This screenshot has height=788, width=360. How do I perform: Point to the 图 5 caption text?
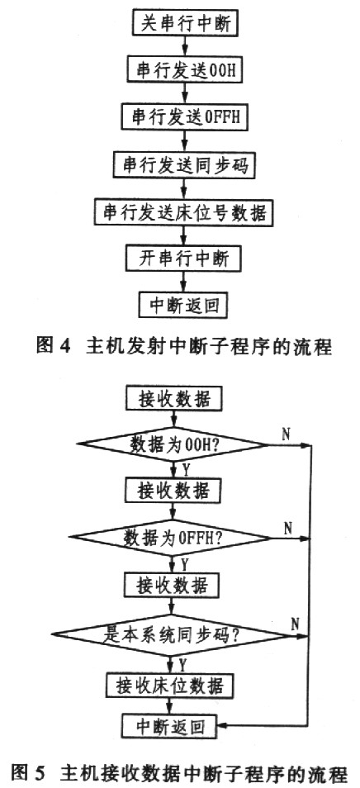coord(179,774)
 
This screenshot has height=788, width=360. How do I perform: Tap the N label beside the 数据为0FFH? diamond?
coord(287,527)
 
